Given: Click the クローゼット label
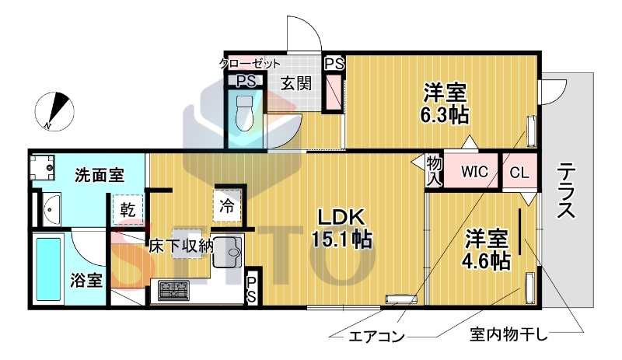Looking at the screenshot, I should (250, 64).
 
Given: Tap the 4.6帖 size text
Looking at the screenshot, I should (487, 260).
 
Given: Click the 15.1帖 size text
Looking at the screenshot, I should (340, 240).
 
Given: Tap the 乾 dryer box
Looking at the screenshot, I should (127, 209).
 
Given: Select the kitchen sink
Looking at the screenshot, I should (228, 251).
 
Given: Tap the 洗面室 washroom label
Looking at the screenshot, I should (100, 175).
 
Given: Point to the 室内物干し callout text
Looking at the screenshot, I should (508, 335).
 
